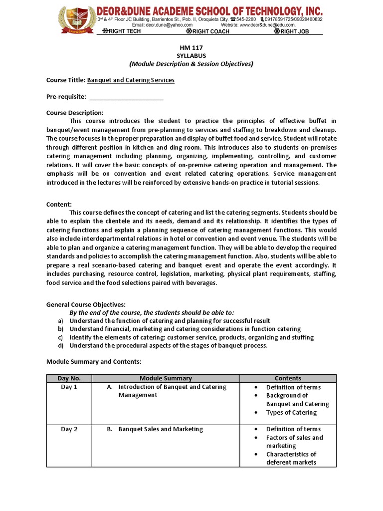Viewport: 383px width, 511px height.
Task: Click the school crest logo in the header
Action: click(76, 21)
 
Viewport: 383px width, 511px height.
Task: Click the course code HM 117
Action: click(191, 47)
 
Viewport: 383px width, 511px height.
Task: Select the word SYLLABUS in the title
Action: click(191, 55)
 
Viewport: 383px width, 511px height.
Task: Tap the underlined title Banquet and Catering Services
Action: click(131, 80)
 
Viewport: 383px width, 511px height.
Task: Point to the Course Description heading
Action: click(75, 113)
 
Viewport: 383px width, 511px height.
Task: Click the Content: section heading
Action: click(59, 205)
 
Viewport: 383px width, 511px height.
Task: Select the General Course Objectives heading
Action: click(86, 304)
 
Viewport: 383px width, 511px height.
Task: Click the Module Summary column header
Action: click(166, 378)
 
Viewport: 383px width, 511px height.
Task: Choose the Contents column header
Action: click(288, 378)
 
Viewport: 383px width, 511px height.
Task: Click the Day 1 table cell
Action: click(69, 387)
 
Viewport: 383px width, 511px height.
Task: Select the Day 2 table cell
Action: click(69, 429)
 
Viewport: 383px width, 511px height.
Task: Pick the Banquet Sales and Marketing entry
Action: click(160, 429)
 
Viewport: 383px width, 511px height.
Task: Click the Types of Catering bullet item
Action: click(291, 412)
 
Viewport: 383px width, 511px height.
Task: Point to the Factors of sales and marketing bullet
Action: click(294, 442)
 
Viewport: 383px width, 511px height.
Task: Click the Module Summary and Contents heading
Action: click(94, 361)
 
